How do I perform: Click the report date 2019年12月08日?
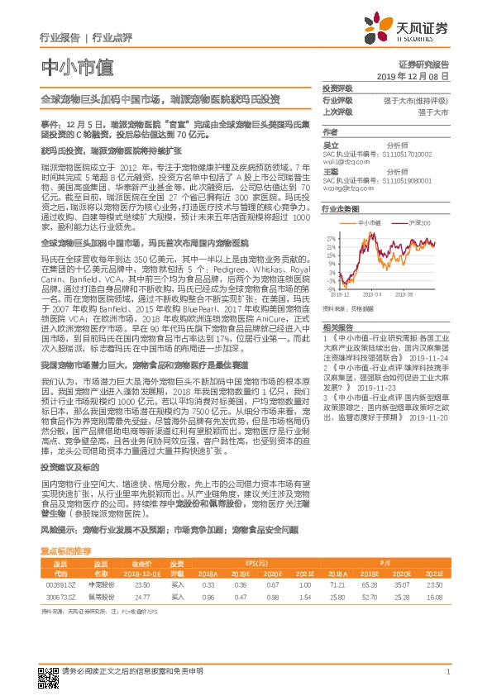pyautogui.click(x=418, y=75)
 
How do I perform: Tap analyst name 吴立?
pyautogui.click(x=330, y=144)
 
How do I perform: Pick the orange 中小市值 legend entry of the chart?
pyautogui.click(x=367, y=222)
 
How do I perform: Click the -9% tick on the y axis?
pyautogui.click(x=332, y=288)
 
